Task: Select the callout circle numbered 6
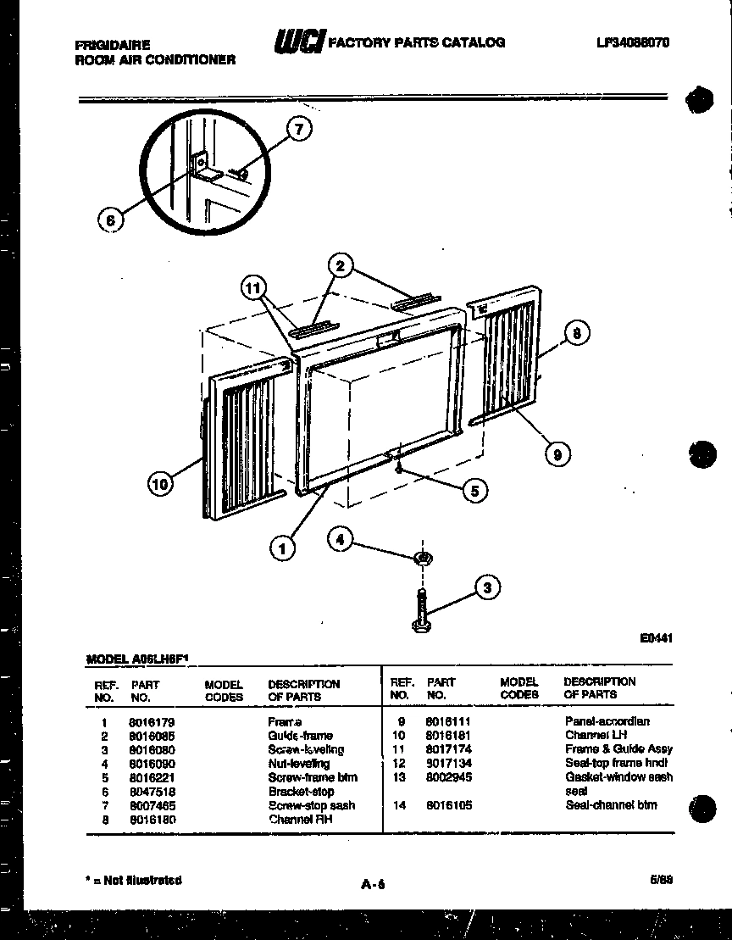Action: [x=109, y=220]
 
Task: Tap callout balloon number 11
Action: [x=251, y=288]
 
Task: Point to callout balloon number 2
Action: [x=340, y=266]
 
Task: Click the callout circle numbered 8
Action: [x=576, y=333]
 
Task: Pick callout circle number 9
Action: [x=557, y=454]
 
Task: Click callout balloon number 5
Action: [x=474, y=490]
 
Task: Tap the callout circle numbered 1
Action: [x=282, y=548]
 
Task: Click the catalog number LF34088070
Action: [x=633, y=42]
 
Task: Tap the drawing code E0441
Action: [x=656, y=640]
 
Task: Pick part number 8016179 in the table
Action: [x=152, y=722]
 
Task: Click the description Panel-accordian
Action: [x=607, y=721]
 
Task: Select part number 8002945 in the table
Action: [x=449, y=777]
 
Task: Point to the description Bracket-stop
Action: [x=301, y=792]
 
